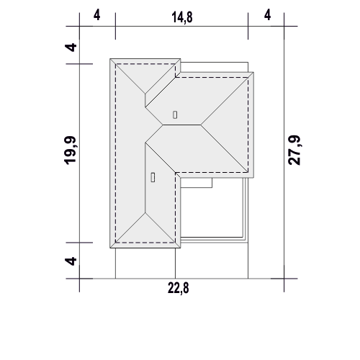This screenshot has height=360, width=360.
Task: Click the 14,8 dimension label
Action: [182, 17]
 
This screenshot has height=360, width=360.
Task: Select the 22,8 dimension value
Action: [179, 288]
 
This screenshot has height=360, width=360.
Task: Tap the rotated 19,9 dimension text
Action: [71, 150]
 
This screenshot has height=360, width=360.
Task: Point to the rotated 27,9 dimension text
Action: [294, 150]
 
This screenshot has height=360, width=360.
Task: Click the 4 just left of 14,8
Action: [96, 15]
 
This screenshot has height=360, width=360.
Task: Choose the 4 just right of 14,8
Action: [267, 15]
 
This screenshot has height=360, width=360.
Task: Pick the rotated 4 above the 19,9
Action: [71, 48]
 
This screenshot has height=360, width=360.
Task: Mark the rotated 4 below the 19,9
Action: [71, 261]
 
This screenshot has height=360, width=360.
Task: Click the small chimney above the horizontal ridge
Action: [175, 114]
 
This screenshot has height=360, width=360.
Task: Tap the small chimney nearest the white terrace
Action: [153, 177]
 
